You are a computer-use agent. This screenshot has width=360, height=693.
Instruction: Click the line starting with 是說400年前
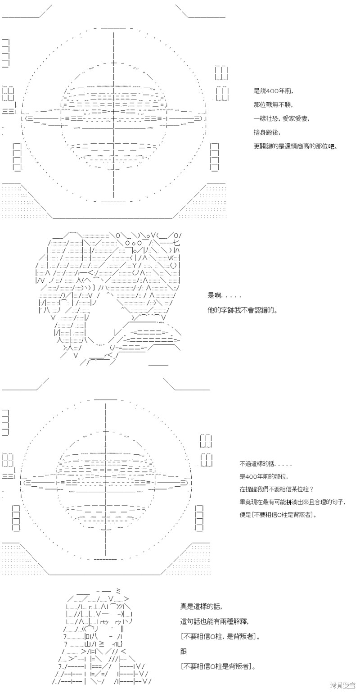pos(273,91)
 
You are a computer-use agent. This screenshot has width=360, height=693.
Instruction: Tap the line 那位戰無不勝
pos(272,105)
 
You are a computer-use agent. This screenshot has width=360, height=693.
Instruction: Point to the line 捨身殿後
pos(267,133)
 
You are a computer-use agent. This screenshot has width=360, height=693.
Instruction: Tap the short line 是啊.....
pos(215,296)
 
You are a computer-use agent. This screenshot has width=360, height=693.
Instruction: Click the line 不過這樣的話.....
pos(265,464)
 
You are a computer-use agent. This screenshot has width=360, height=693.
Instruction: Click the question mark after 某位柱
pos(311,489)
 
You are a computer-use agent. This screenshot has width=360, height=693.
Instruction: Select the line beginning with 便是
pos(278,515)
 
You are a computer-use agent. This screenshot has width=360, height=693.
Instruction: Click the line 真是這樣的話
pos(201,607)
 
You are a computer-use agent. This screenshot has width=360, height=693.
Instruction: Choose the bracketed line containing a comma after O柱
pos(220,637)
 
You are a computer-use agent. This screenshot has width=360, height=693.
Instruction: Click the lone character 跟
pos(184,652)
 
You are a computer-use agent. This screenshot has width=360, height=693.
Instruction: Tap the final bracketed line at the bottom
pos(218,666)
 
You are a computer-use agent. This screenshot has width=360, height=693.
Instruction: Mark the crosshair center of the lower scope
pos(106,483)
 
